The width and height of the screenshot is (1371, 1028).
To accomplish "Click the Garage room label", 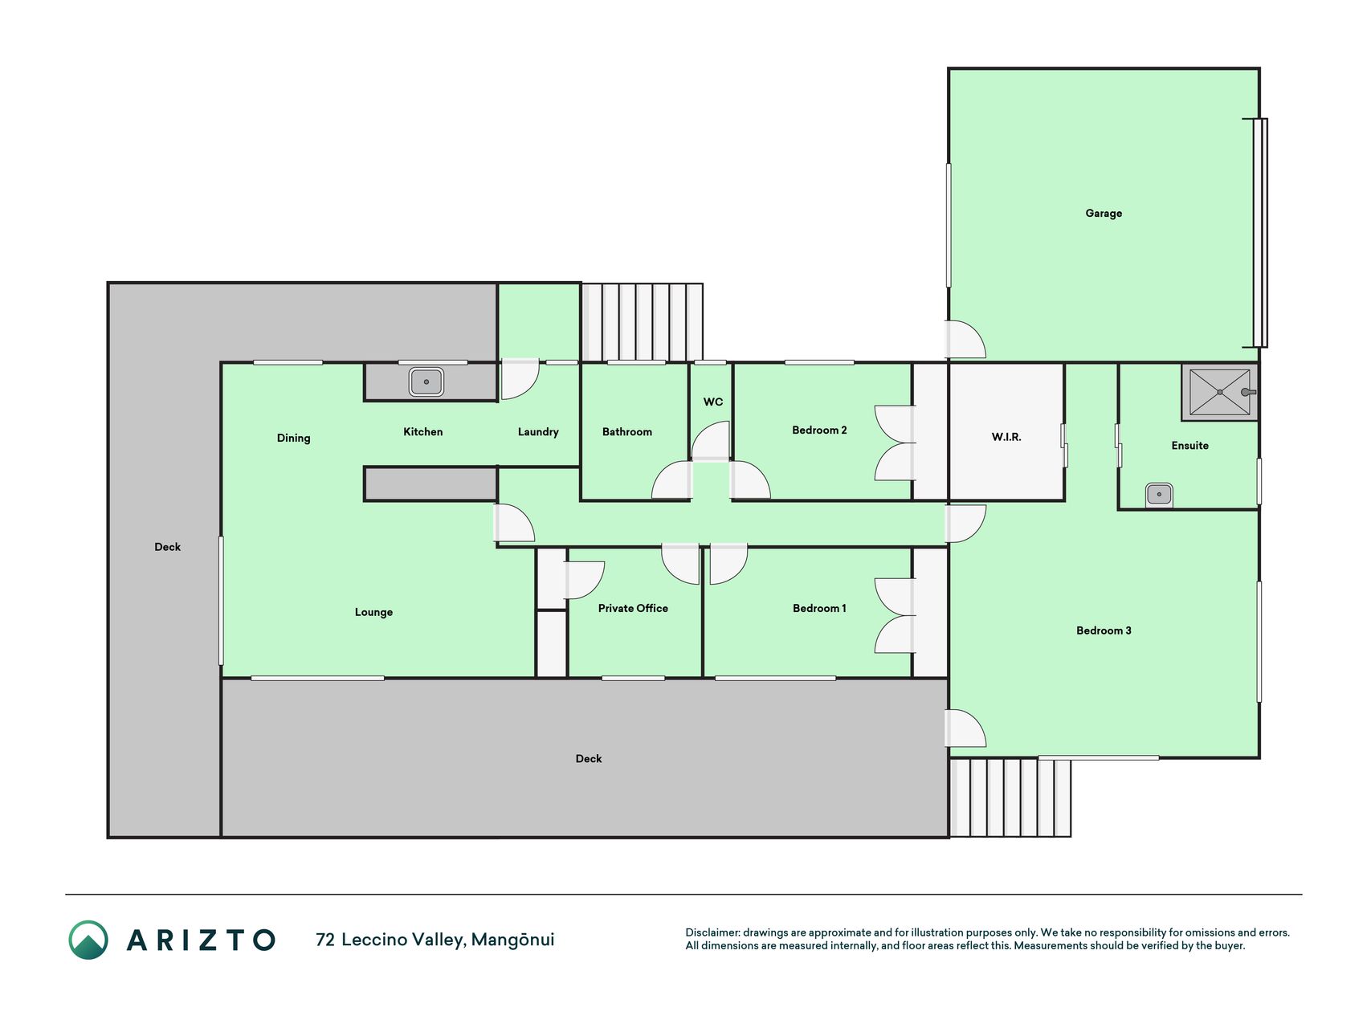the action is (x=1104, y=214).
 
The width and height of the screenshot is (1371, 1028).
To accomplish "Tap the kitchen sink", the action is (x=426, y=381).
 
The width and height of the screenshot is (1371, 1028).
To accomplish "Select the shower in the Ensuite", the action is (x=1219, y=392).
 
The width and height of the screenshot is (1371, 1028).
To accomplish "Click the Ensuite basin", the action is (x=1159, y=494).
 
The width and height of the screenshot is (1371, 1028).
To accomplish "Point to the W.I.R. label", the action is (x=1006, y=437).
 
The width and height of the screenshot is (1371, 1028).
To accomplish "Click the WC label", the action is (x=713, y=402).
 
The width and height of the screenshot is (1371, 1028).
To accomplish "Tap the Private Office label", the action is (x=633, y=608).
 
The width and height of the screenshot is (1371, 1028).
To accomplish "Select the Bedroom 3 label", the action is (x=1104, y=630).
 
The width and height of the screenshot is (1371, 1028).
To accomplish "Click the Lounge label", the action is (x=373, y=612).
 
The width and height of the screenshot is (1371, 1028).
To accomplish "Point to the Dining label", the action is (x=293, y=438).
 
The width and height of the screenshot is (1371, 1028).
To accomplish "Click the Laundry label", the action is (x=538, y=432).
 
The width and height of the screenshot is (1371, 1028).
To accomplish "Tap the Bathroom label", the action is (x=627, y=432).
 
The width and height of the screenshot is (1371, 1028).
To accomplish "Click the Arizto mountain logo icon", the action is (x=88, y=940).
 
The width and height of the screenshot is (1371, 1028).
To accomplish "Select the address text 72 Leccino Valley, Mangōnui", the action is (x=435, y=940).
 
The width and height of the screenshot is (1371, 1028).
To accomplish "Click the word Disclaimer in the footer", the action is (x=712, y=932).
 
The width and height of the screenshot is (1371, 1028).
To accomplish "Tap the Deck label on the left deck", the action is (x=167, y=547).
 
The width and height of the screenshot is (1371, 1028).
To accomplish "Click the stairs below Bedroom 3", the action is (x=1010, y=798).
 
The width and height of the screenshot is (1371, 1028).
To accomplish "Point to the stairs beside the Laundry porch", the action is (x=642, y=322).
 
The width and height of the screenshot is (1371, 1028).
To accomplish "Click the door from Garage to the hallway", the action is (x=965, y=340).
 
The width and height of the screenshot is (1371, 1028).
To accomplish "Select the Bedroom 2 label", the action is (x=819, y=430).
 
